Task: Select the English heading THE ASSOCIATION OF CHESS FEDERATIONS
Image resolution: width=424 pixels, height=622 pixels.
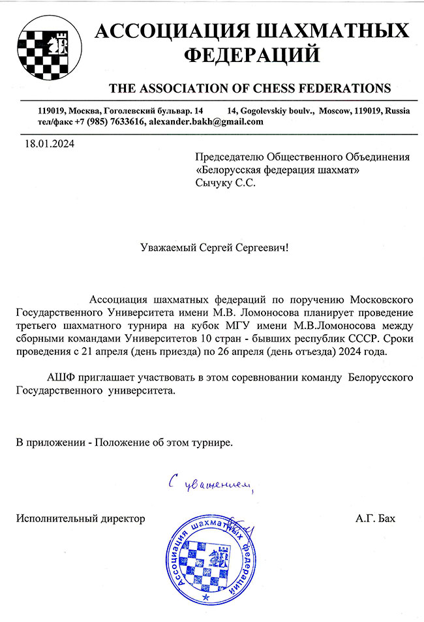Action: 250,87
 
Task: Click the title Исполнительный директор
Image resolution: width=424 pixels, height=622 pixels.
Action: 80,519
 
